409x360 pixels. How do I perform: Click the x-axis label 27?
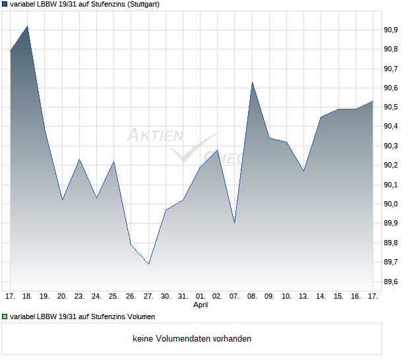coord(148,296)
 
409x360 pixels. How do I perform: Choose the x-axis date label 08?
coord(252,296)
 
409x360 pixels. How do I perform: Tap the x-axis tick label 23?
coord(79,296)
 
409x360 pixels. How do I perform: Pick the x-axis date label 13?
coord(303,296)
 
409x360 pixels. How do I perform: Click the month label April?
coord(201,305)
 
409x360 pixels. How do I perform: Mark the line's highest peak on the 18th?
coord(27,26)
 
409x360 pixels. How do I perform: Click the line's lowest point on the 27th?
coord(148,264)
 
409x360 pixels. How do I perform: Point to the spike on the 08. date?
coord(252,82)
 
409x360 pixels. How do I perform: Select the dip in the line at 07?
coord(235,223)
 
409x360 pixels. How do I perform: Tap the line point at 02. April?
coord(218,150)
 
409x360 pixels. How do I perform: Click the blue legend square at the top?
coord(5,4)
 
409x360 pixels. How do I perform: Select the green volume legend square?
coord(5,316)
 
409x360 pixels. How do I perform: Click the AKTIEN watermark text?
coord(154,136)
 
